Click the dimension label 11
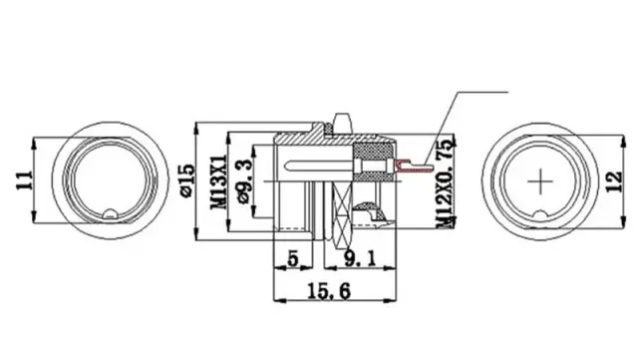[x=24, y=180]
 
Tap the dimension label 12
[x=614, y=181]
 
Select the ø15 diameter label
[x=187, y=180]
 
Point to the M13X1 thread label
[x=219, y=181]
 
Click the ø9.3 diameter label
[x=244, y=181]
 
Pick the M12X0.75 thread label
[x=446, y=182]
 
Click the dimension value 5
[x=293, y=258]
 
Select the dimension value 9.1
[x=360, y=258]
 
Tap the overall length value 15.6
[x=329, y=291]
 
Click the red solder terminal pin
[x=412, y=167]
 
